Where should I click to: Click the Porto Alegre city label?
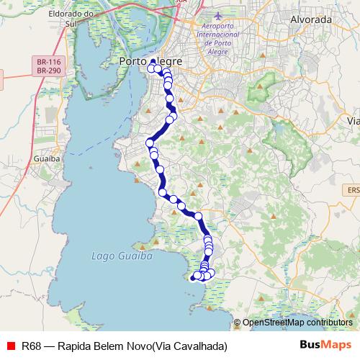coord(150,62)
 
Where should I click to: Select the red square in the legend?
coord(10,346)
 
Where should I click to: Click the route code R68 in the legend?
coord(30,346)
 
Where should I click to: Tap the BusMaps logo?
coord(326,345)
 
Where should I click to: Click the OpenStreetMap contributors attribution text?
coord(297,323)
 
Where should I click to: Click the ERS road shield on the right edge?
coord(353,189)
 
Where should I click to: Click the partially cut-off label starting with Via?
coord(353,120)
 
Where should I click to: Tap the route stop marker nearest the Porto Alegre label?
coord(152,69)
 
